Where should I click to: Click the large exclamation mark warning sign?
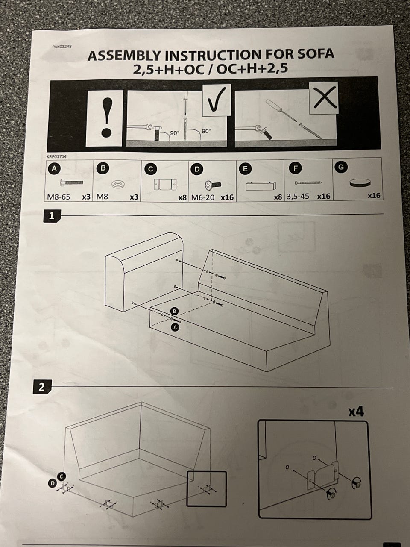pos(105,118)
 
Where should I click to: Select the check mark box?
pos(217,100)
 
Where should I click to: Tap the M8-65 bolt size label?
pos(59,197)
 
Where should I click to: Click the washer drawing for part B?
pos(118,185)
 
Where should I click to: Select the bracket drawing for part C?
pos(165,185)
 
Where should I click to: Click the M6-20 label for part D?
pos(202,197)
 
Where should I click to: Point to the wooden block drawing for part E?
pos(261,185)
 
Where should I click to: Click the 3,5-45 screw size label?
pos(298,197)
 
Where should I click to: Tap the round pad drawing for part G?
pos(360,183)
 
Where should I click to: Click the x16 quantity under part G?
pos(374,196)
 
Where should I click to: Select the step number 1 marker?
pos(52,216)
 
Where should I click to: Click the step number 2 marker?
pos(42,387)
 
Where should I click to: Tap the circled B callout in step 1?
pos(175,311)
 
